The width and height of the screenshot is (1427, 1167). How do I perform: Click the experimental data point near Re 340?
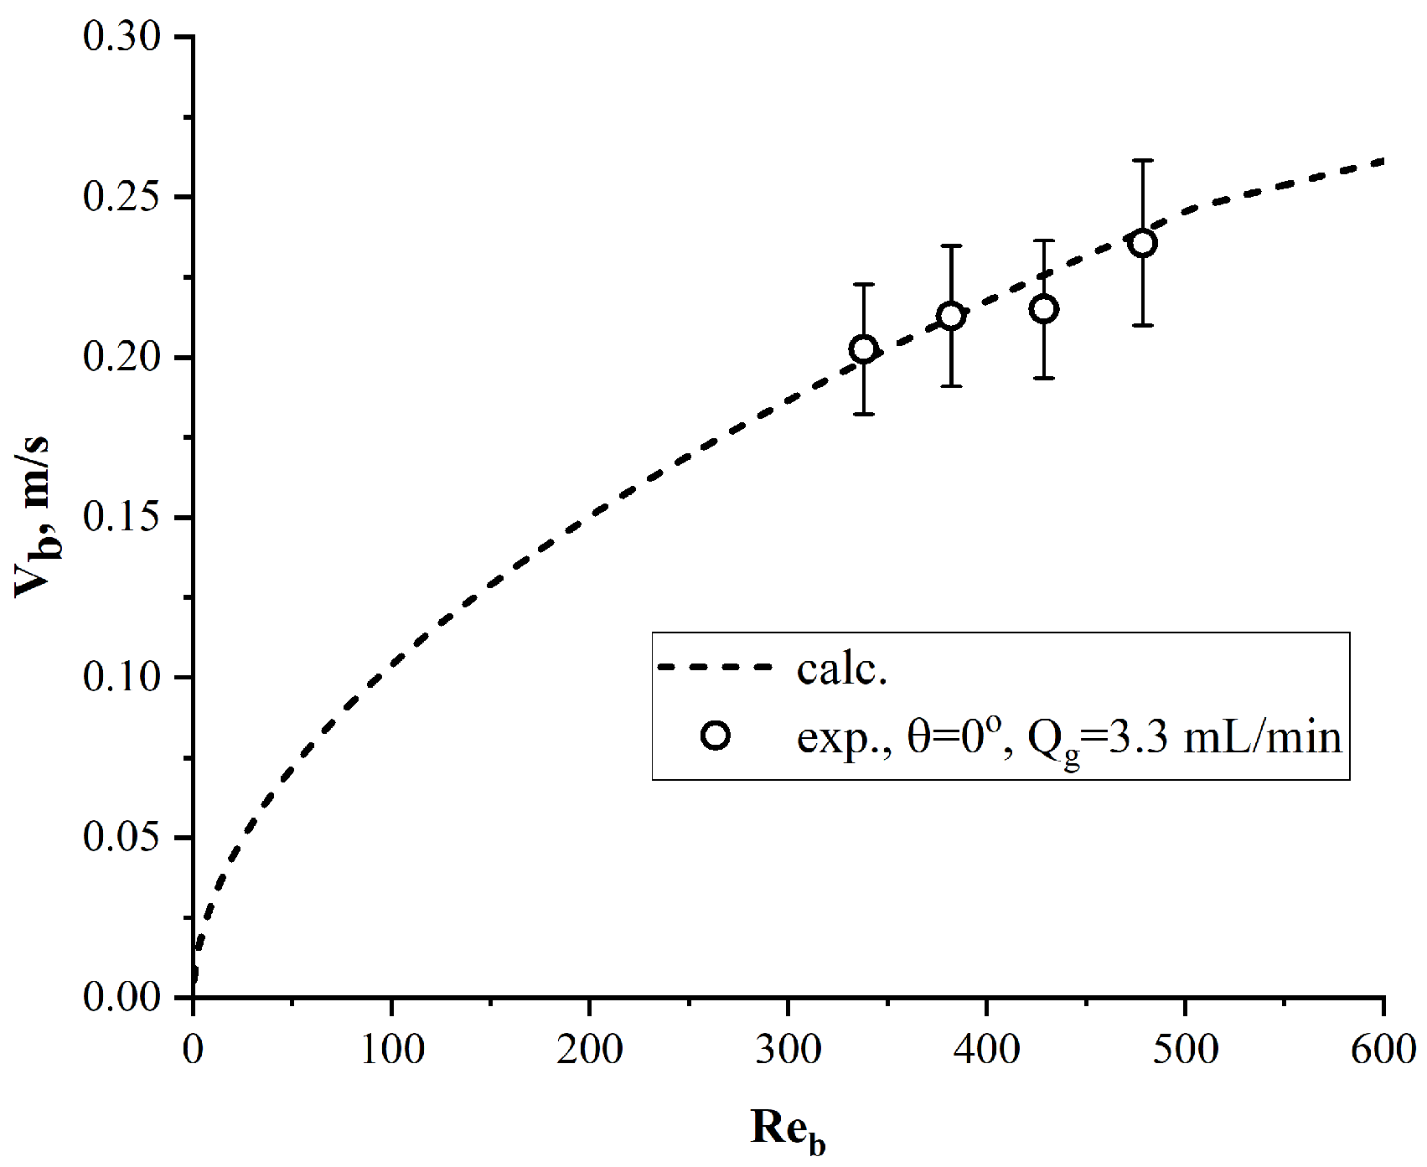pos(863,349)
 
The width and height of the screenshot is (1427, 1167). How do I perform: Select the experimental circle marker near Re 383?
pos(950,316)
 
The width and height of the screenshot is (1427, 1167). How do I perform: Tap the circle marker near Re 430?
pos(1043,309)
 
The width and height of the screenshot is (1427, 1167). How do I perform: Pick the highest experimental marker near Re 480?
pos(1143,244)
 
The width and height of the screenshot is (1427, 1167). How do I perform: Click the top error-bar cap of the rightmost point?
pos(1143,160)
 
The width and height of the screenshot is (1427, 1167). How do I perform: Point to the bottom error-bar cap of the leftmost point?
pos(863,414)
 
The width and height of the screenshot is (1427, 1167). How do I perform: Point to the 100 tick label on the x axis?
pos(391,1049)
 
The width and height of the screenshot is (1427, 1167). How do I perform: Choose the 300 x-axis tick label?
pos(788,1049)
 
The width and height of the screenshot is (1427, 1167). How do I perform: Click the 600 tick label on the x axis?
pos(1383,1049)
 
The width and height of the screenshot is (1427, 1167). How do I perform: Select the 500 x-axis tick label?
pos(1185,1049)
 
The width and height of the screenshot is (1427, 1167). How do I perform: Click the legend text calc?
pos(841,670)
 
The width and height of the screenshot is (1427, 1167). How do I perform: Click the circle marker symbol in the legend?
pos(716,736)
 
